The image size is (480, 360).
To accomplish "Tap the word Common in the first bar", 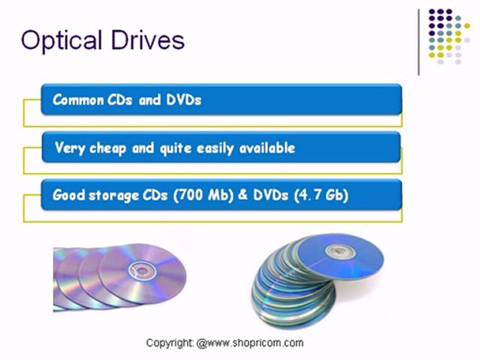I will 78,99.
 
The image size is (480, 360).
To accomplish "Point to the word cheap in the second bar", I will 107,148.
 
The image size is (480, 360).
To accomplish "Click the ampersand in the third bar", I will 243,194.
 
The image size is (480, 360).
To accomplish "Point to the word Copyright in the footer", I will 169,343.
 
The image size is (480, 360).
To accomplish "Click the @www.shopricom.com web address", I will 250,343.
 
